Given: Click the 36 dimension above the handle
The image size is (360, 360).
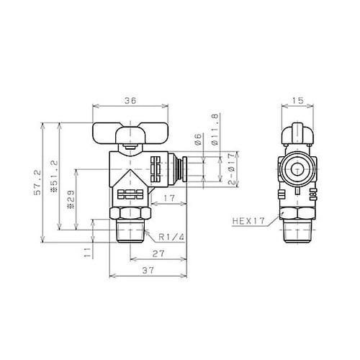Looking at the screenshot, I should (x=130, y=102).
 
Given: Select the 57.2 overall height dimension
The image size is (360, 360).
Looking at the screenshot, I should (x=48, y=184).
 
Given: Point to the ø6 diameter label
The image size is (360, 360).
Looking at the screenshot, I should (x=196, y=140).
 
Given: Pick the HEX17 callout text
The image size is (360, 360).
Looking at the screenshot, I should (x=248, y=222).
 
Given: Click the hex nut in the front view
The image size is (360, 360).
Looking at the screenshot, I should (x=130, y=215).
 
